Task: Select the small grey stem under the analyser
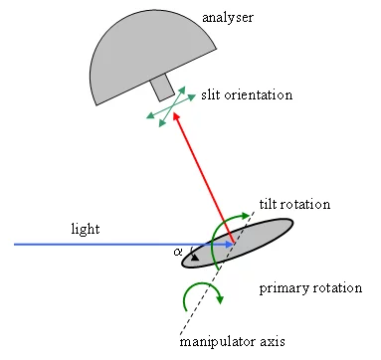(x=162, y=88)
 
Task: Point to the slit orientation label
(x=245, y=94)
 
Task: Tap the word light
(x=86, y=229)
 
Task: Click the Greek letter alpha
(x=178, y=253)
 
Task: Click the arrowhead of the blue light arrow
(x=229, y=243)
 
